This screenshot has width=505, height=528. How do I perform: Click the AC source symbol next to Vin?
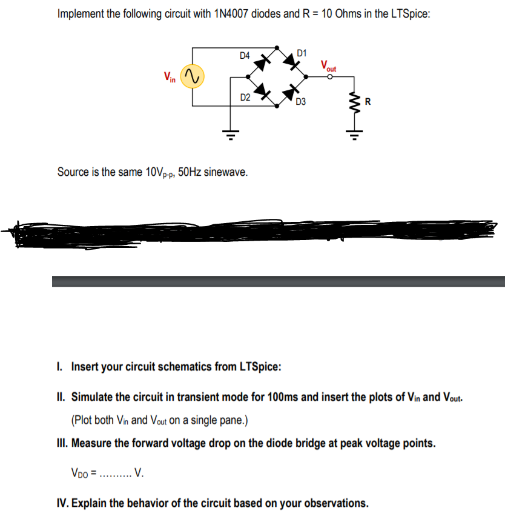pos(193,77)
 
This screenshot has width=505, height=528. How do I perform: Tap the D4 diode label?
pos(245,56)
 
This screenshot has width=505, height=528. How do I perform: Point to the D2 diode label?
pos(245,97)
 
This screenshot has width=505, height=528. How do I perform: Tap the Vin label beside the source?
pos(170,77)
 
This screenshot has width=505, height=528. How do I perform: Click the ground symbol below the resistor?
pos(354,135)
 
